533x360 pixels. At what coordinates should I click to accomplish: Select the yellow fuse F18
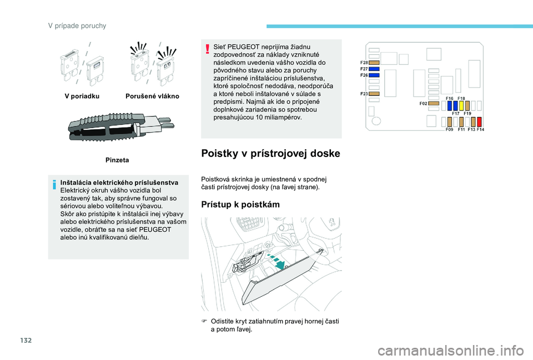[x=461, y=105]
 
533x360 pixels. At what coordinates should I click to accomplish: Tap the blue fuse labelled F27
[x=374, y=69]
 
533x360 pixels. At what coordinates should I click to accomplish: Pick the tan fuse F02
[x=434, y=103]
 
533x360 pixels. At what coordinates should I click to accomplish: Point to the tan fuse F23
[x=374, y=94]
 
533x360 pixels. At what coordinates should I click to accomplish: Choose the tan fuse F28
[x=374, y=63]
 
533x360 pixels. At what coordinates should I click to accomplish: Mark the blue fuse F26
[x=374, y=75]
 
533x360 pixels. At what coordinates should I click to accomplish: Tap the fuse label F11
[x=461, y=129]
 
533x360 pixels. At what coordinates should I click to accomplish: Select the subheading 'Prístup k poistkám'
[x=240, y=204]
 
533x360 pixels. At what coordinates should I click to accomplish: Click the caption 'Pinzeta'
[x=117, y=160]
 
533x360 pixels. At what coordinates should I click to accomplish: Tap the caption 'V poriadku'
[x=82, y=96]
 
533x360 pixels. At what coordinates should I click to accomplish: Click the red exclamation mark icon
[x=208, y=49]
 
